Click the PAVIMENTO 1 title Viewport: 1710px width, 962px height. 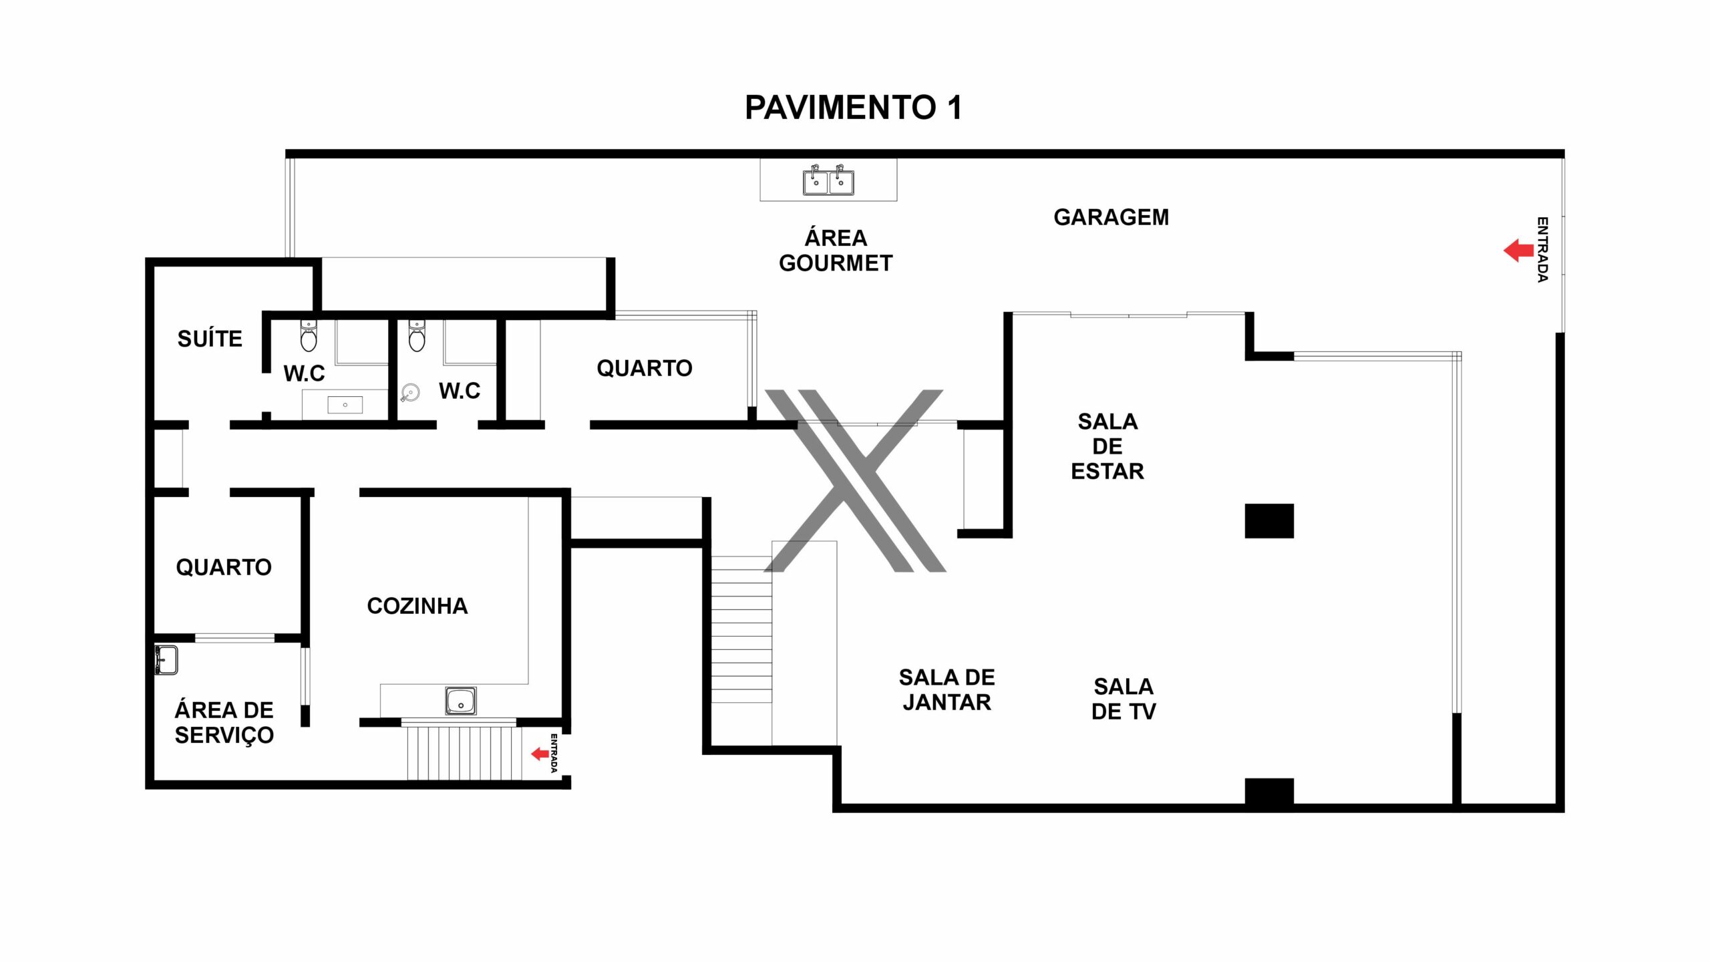[853, 108]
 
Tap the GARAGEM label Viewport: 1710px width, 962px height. [1111, 217]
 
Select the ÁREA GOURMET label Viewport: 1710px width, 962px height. [836, 250]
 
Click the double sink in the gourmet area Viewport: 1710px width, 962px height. [828, 180]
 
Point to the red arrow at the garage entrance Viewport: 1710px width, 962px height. [1518, 251]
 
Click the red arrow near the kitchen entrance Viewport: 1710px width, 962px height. [540, 754]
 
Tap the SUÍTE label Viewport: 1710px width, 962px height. [210, 339]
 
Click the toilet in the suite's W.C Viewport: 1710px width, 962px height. [309, 335]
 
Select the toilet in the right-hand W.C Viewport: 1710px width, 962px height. [417, 335]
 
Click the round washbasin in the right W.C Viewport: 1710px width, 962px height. [410, 393]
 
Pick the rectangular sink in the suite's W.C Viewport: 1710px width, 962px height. [345, 404]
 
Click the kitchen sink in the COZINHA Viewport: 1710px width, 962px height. [460, 701]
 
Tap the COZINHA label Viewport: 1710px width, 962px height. [417, 606]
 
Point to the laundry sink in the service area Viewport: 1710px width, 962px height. [166, 660]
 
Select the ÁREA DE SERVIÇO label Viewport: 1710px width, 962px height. [224, 722]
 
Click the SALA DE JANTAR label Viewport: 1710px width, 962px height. [947, 689]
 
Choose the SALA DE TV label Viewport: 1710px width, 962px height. [1124, 699]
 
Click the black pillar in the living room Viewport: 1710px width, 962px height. [1269, 521]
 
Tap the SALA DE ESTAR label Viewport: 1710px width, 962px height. [1107, 446]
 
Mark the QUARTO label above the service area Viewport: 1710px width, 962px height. [224, 567]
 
